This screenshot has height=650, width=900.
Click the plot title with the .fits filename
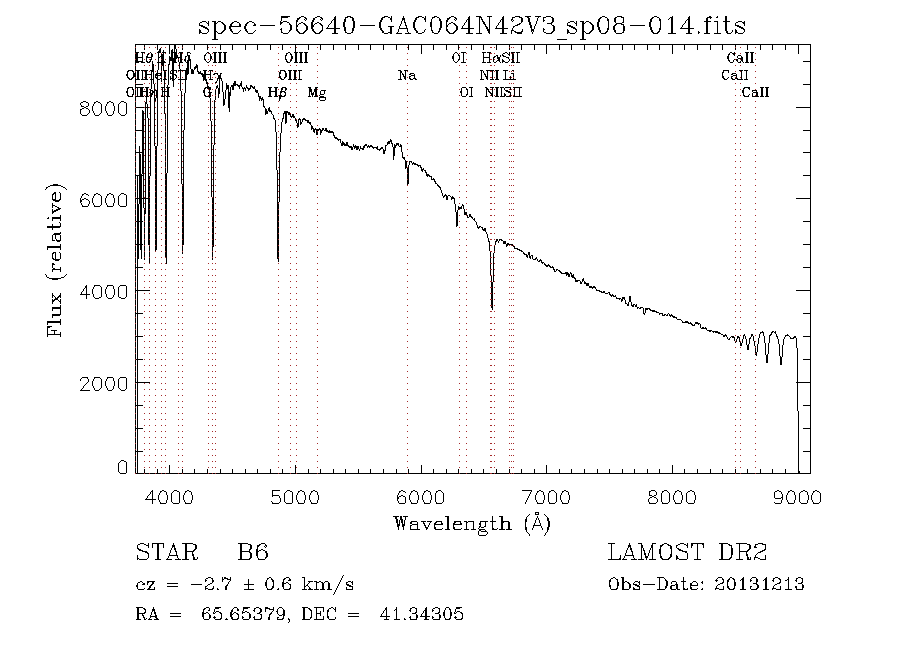tap(472, 25)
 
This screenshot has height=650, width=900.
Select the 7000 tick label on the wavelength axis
tap(546, 497)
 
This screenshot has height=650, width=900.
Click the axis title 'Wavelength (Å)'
tap(472, 523)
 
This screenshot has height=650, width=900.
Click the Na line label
tap(406, 75)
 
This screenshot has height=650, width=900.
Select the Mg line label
tap(316, 93)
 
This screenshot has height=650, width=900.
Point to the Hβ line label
tap(278, 93)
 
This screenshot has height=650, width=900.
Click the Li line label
tap(510, 75)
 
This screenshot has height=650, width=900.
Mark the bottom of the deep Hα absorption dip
tap(491, 308)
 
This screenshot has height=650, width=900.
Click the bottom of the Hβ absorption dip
tap(278, 259)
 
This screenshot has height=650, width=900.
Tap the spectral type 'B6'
tap(252, 553)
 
